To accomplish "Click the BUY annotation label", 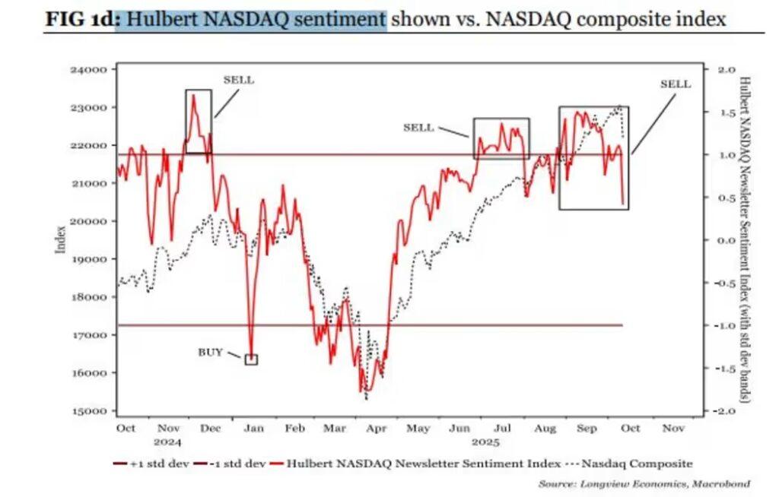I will tap(211, 352).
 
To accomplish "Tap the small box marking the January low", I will tap(251, 359).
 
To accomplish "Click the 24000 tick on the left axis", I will tap(89, 70).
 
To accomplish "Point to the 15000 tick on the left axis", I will tap(89, 411).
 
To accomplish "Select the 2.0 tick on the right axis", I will tap(723, 70).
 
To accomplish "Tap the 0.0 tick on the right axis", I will tap(723, 240).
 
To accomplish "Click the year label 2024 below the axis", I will tap(169, 442).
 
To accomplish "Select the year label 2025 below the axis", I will tap(484, 442).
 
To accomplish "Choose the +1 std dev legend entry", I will tap(151, 463).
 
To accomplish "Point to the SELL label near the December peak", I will tap(238, 80).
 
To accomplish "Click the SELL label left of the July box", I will tap(418, 128).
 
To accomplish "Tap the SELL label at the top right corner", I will tap(675, 84).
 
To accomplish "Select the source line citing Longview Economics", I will tap(644, 483).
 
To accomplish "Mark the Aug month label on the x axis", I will tap(544, 429).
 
